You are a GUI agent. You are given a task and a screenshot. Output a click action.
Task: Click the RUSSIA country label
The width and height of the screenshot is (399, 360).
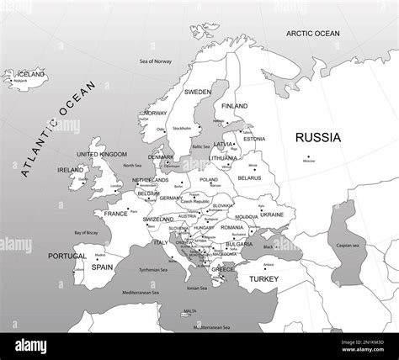click(x=318, y=137)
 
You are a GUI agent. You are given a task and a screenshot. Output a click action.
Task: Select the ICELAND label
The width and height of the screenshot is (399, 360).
click(x=29, y=74)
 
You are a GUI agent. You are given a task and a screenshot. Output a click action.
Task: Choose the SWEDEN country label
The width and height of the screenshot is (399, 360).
click(x=198, y=92)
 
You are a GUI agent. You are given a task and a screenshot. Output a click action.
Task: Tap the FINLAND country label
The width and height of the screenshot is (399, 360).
click(x=234, y=106)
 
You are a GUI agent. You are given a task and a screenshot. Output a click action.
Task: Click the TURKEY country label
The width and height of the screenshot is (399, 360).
click(x=263, y=278)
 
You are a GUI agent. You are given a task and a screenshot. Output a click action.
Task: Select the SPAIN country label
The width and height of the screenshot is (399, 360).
click(x=102, y=267)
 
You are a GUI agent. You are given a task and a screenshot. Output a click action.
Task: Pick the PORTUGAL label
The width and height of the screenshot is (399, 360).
click(x=67, y=256)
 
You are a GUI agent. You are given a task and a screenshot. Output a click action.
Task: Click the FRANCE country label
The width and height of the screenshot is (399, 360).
click(x=115, y=214)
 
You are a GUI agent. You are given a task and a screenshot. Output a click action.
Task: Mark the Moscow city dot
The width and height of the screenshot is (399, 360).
click(x=309, y=156)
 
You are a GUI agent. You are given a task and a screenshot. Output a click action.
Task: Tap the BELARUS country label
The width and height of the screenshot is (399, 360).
click(x=250, y=178)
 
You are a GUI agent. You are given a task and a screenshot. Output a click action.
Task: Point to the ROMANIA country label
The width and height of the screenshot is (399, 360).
click(x=231, y=227)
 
